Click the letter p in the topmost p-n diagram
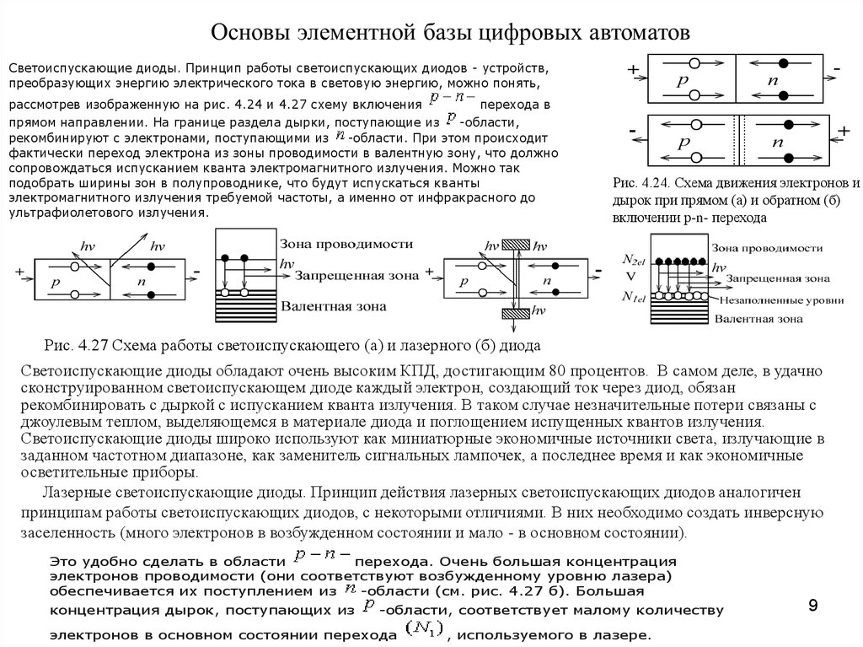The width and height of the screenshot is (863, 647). coord(680,83)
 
